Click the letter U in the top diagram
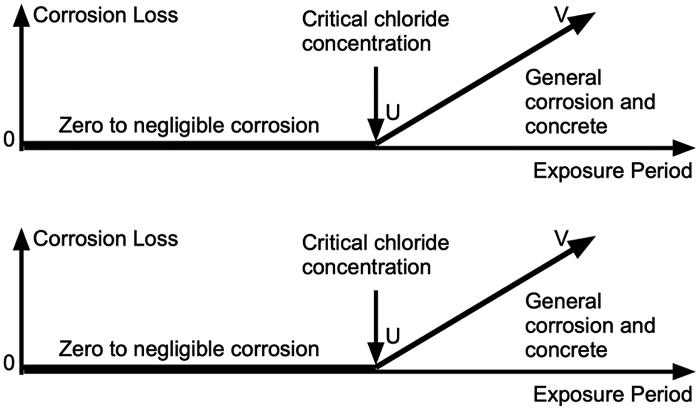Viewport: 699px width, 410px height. tap(393, 112)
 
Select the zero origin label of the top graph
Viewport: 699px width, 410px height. tap(9, 139)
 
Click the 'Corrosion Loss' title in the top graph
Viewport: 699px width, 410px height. tap(106, 15)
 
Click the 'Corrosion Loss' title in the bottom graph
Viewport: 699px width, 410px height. tap(106, 239)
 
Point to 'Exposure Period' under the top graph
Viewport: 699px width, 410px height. tap(613, 171)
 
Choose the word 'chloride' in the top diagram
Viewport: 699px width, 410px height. tap(412, 19)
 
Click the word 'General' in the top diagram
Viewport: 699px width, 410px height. tap(563, 78)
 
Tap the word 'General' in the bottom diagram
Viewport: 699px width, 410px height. tap(563, 301)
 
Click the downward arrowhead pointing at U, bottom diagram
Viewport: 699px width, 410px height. tap(376, 354)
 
